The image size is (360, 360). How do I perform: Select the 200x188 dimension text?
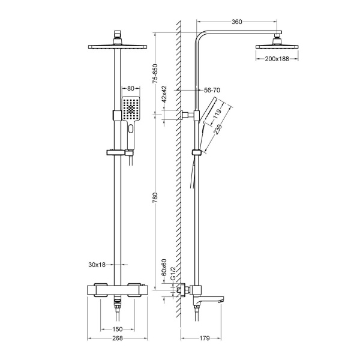276,59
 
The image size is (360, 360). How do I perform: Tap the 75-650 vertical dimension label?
155,72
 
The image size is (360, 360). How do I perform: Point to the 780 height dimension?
155,197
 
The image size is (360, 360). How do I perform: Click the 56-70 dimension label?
212,90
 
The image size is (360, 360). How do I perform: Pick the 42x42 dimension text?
164,95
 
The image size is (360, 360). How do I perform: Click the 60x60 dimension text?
164,266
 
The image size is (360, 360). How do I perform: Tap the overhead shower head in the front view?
117,46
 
